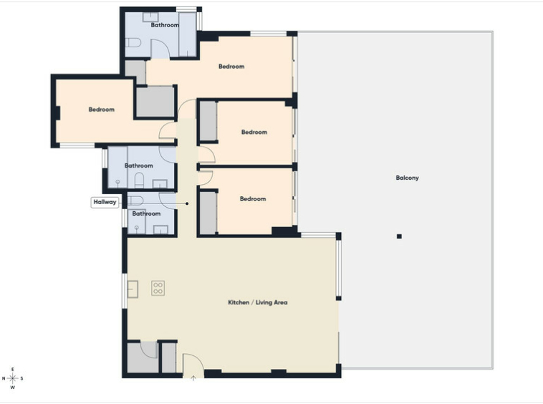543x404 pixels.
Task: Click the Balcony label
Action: [x=407, y=178]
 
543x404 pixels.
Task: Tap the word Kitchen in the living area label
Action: [x=239, y=302]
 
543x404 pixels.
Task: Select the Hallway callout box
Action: [x=105, y=202]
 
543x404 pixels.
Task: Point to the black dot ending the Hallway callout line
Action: [x=187, y=203]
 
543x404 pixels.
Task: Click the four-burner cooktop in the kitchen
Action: [x=158, y=288]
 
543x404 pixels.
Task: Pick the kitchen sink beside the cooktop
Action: [x=133, y=289]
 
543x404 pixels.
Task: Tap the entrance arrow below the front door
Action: [x=193, y=378]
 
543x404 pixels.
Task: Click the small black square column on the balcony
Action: [x=399, y=236]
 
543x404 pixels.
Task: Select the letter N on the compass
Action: [x=4, y=378]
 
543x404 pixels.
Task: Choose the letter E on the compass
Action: [x=13, y=370]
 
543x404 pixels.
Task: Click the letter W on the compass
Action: [x=13, y=388]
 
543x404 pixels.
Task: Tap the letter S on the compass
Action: [x=21, y=378]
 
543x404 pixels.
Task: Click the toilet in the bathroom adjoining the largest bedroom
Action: [x=133, y=42]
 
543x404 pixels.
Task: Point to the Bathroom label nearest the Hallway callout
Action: [x=146, y=213]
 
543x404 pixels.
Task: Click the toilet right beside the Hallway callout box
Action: [x=135, y=201]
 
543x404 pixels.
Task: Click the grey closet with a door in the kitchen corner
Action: [x=142, y=357]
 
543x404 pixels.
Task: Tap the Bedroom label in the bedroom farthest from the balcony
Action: [x=102, y=110]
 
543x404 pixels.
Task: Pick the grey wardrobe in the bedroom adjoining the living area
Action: [x=208, y=213]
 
